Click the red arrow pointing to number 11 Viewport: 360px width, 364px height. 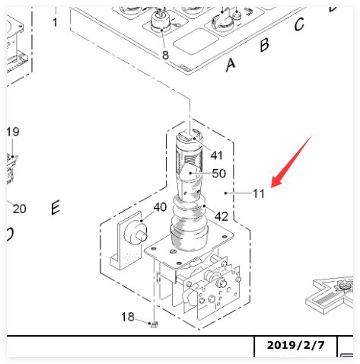click(292, 161)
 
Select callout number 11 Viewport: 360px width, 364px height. click(259, 193)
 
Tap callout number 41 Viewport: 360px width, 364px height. click(216, 155)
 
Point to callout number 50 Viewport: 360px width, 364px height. click(218, 174)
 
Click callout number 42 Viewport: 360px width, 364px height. click(221, 216)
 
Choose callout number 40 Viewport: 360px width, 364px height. click(160, 207)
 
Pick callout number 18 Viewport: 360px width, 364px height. click(128, 317)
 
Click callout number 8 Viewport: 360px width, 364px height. click(165, 55)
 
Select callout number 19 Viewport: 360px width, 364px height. click(13, 132)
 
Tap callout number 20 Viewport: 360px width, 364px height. click(19, 209)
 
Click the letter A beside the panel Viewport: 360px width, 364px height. click(231, 65)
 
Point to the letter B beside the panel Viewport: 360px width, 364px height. click(264, 45)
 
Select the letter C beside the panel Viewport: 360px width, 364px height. click(299, 24)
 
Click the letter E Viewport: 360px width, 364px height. click(56, 207)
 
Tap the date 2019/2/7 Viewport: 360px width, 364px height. click(295, 345)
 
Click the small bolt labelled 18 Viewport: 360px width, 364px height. click(155, 324)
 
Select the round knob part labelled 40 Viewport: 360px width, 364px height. click(135, 234)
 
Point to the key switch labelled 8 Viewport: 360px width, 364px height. click(160, 21)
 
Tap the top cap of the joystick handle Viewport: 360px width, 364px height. click(189, 137)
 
